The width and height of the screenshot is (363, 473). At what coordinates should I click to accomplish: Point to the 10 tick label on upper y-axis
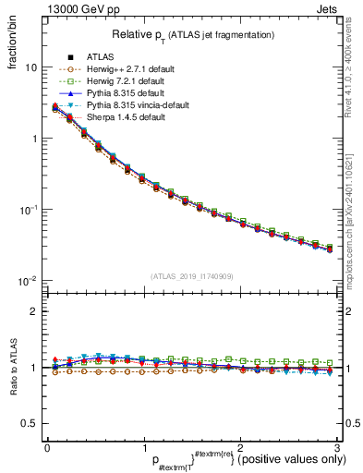coord(31,67)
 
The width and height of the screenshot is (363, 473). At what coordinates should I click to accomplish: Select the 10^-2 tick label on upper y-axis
coord(30,281)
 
